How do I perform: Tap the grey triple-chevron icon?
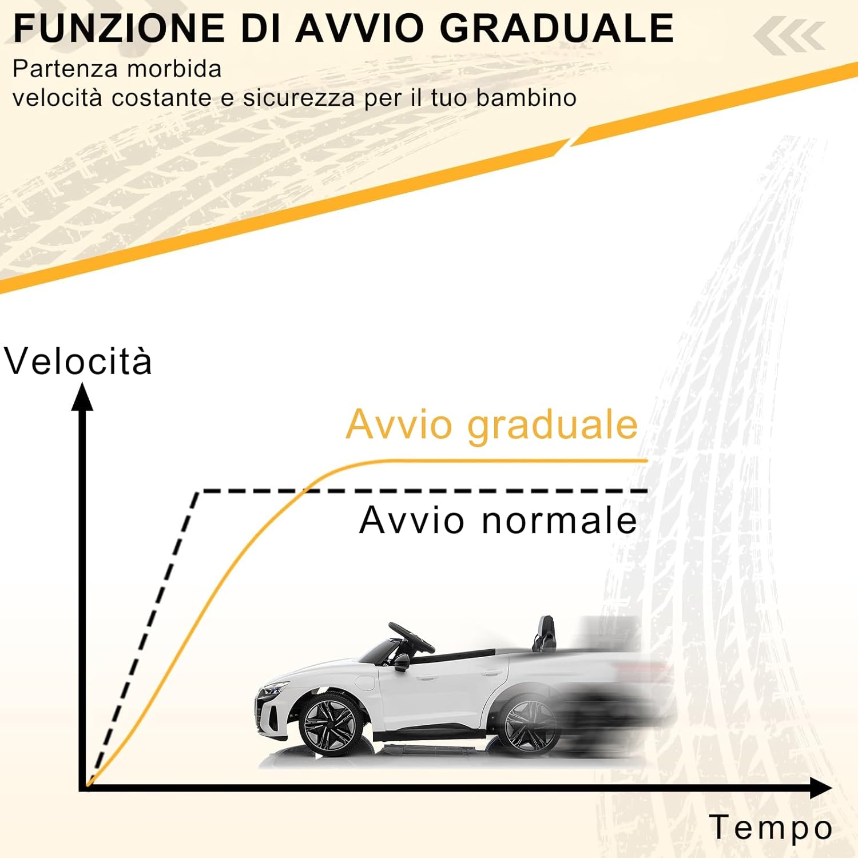coord(789,36)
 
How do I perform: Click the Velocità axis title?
coord(78,362)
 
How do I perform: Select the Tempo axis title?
coord(770,828)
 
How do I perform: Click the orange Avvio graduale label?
coord(492,425)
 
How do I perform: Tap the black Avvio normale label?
coord(498,521)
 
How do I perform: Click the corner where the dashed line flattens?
coord(197,491)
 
